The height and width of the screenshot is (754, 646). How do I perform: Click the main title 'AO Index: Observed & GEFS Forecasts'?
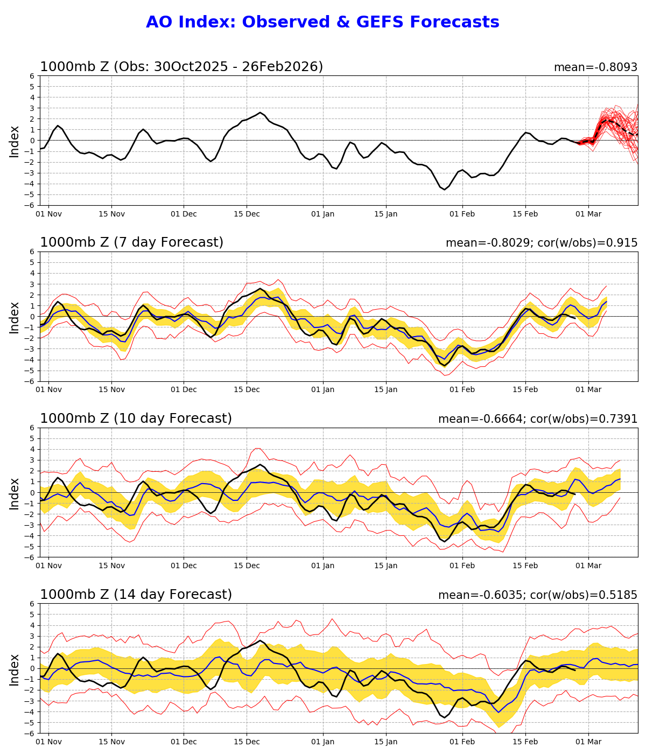(x=322, y=23)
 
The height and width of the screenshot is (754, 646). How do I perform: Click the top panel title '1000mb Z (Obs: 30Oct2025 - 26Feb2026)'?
(x=181, y=67)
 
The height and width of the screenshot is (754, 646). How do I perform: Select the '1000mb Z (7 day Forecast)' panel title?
(x=131, y=243)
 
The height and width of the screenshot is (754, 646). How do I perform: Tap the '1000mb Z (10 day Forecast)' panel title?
(x=136, y=418)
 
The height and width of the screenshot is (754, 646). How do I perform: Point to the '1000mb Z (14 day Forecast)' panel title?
(x=136, y=595)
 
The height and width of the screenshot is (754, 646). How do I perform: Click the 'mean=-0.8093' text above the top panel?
(x=595, y=67)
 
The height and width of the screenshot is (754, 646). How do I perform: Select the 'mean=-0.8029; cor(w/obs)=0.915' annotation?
(x=542, y=243)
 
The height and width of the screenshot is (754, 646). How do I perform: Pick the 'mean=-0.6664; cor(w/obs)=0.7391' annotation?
(x=538, y=419)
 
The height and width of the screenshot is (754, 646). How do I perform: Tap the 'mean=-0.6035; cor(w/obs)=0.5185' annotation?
(x=538, y=595)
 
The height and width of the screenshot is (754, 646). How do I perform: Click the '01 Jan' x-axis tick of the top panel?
(x=324, y=214)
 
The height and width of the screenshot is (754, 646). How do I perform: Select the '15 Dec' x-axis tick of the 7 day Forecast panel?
(x=247, y=390)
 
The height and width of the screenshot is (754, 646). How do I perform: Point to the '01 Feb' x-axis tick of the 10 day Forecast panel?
(x=462, y=566)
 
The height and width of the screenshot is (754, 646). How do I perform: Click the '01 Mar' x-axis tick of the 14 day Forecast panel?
(x=588, y=742)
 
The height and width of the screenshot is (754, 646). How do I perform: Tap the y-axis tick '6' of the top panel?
(x=32, y=76)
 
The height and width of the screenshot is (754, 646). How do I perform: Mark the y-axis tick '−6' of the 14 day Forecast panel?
(x=30, y=733)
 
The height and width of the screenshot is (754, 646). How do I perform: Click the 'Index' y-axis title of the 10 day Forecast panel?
(x=15, y=493)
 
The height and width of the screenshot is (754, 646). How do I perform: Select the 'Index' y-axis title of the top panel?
(x=15, y=141)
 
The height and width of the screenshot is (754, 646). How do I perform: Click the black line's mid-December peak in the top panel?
(x=261, y=113)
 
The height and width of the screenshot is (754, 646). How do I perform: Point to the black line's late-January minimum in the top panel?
(x=445, y=190)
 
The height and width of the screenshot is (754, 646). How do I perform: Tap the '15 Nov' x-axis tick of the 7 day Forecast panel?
(x=112, y=390)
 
